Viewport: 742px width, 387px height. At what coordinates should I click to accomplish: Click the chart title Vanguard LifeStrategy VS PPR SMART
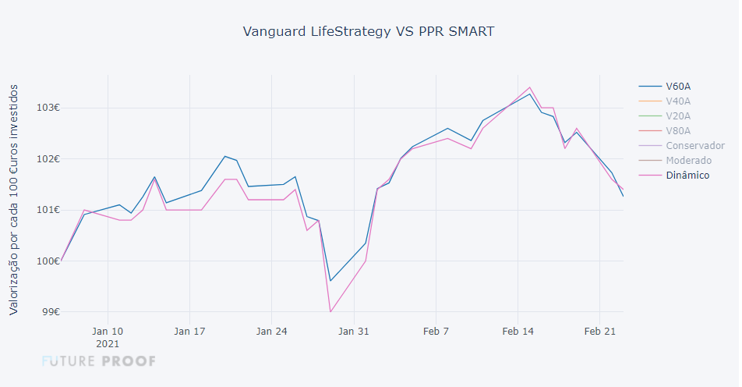click(x=369, y=32)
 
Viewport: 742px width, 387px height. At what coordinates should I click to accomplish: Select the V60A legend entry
click(x=678, y=86)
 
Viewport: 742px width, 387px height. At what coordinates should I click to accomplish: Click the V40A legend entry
click(x=678, y=101)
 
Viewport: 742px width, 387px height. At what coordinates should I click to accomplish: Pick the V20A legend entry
click(x=678, y=115)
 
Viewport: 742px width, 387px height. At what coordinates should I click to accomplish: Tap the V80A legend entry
click(x=678, y=130)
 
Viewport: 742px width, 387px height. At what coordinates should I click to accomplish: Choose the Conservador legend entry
click(x=695, y=145)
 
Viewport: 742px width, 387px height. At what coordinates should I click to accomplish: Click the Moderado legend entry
click(x=688, y=160)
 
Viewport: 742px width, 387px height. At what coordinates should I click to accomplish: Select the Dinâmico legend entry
click(x=687, y=175)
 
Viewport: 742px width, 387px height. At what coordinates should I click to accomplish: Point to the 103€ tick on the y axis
click(x=48, y=108)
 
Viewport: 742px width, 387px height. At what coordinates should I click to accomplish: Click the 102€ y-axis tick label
click(x=48, y=159)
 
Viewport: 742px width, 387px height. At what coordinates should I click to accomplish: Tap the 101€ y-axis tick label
click(x=48, y=210)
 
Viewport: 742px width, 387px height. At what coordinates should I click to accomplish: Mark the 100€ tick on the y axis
click(x=48, y=261)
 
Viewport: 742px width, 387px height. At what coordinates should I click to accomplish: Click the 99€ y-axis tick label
click(x=51, y=312)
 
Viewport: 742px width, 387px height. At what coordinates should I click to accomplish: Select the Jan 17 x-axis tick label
click(x=189, y=331)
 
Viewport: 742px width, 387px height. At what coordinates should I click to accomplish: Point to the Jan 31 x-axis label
click(x=353, y=331)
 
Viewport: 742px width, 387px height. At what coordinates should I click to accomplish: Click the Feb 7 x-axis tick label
click(x=436, y=331)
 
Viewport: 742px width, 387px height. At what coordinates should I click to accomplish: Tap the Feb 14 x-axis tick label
click(x=518, y=331)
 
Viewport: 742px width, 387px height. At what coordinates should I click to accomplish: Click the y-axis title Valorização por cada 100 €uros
click(x=14, y=200)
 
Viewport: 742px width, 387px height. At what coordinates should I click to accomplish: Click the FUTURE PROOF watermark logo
click(x=99, y=361)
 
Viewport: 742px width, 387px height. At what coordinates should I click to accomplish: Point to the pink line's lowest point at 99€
click(x=330, y=311)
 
